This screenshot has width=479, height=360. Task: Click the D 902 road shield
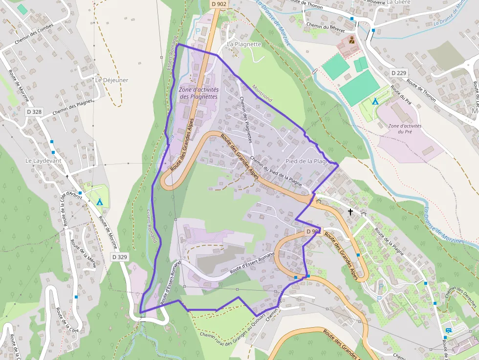tap(219, 4)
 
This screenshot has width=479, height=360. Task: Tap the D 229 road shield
tap(399, 73)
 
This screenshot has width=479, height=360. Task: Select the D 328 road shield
tap(34, 112)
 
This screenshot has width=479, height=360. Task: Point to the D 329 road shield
tap(119, 257)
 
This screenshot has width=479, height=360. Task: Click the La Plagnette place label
tap(244, 44)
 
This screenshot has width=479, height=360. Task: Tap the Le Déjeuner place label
tap(111, 80)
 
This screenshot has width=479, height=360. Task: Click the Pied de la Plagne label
tap(309, 161)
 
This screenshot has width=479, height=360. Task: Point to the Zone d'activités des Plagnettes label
tap(198, 93)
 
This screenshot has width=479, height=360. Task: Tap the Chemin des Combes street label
tap(34, 35)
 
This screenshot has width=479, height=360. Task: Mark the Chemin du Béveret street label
tap(322, 25)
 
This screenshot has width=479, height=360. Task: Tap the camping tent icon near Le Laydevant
tap(100, 202)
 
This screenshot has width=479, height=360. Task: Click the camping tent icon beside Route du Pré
tap(375, 102)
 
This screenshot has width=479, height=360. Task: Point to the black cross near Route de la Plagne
tap(350, 212)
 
